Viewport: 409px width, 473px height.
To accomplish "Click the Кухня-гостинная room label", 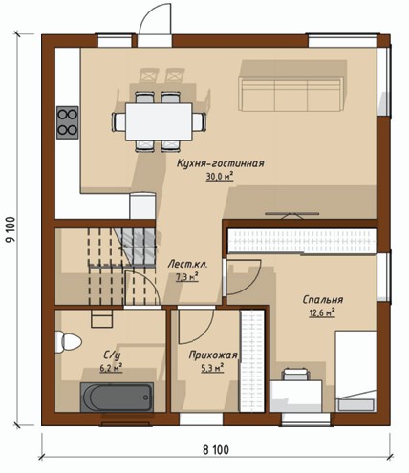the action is click(221, 163).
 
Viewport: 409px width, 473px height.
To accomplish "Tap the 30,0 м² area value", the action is click(220, 176).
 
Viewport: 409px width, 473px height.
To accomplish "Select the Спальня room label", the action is click(322, 300).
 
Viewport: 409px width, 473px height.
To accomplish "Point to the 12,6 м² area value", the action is click(322, 312).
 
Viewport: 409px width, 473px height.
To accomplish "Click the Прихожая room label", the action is click(213, 355).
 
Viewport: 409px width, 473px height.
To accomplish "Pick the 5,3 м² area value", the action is click(212, 368).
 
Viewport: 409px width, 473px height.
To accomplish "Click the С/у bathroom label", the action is click(112, 355).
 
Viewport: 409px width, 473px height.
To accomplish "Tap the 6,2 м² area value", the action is click(112, 368).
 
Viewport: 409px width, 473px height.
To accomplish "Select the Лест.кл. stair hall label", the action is click(187, 265).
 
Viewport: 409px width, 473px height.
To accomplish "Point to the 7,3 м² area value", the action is click(187, 277).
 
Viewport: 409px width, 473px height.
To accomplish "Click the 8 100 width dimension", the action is click(216, 450).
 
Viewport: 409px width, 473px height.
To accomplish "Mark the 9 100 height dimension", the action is click(11, 229).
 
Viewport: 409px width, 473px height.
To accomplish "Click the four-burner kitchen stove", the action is click(68, 122).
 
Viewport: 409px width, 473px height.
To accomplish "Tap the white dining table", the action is click(159, 121).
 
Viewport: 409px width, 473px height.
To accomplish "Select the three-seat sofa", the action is click(291, 95).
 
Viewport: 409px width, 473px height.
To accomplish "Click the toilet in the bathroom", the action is click(68, 342).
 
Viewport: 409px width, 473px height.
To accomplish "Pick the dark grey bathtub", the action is click(117, 398).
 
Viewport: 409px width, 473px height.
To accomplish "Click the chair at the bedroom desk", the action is click(296, 375).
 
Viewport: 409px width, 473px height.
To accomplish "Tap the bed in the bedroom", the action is click(355, 372).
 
